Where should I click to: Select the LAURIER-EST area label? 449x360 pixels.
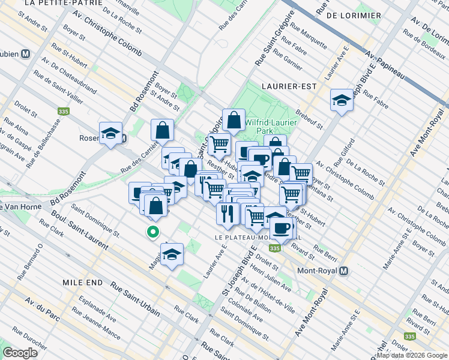tap(289, 86)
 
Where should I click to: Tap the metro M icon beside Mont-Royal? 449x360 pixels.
tap(343, 271)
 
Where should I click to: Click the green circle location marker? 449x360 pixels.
tap(153, 232)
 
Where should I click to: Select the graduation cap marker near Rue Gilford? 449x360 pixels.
tap(342, 100)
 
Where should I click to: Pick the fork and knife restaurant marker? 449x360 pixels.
tap(227, 213)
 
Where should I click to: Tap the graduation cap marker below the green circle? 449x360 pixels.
tap(172, 255)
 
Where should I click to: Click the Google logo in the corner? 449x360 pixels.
tap(20, 353)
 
